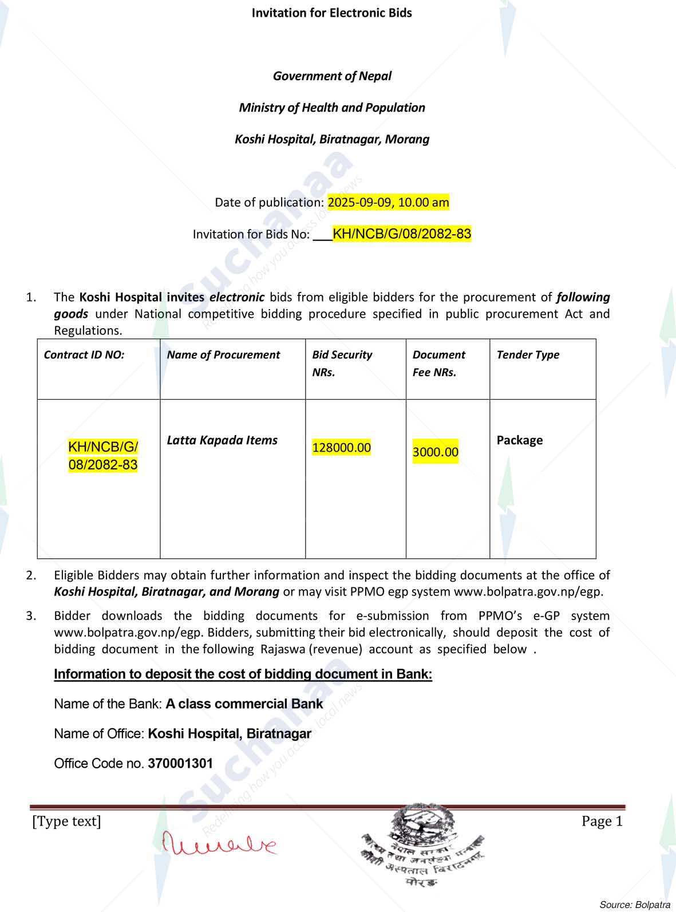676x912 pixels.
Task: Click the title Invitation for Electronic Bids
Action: [331, 13]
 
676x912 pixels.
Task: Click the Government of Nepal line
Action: [332, 76]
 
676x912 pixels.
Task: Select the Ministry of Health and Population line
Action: [332, 108]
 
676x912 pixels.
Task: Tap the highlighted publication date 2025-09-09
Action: [388, 202]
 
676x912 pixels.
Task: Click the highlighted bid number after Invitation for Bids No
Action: [402, 234]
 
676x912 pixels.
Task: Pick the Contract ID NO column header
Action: [84, 355]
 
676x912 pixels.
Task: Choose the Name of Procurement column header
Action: [223, 355]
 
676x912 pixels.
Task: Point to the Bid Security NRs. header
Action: [342, 363]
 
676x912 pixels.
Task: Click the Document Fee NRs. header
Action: [438, 363]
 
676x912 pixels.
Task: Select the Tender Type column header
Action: [528, 355]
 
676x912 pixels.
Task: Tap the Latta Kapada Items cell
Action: [222, 440]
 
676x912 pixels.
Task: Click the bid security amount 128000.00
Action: [342, 447]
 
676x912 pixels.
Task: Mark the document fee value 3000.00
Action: [436, 452]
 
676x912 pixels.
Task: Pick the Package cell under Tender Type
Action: [520, 440]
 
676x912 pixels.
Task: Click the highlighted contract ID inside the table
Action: [103, 456]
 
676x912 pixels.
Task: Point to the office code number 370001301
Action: [180, 763]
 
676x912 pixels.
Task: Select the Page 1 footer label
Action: [602, 822]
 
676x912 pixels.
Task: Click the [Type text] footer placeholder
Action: [66, 822]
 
